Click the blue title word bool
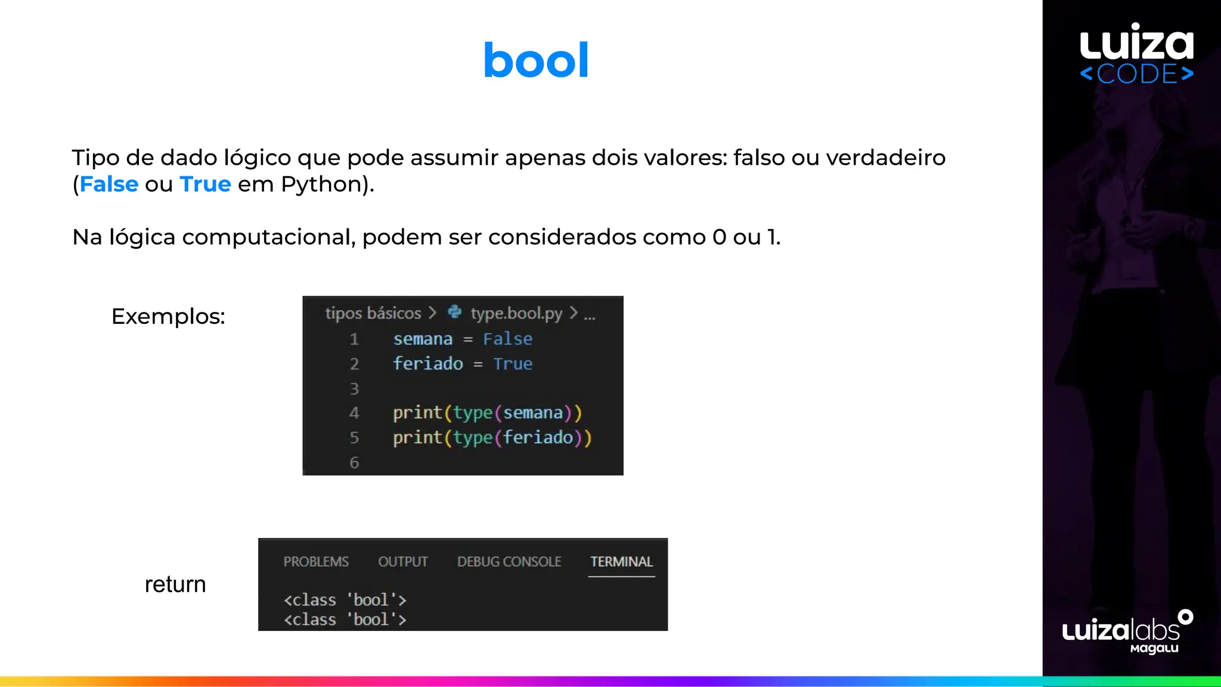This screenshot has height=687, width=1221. coord(535,61)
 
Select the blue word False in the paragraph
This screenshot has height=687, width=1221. coord(109,185)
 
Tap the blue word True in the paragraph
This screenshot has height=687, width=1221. coord(205,185)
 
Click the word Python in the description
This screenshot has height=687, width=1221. coord(321,185)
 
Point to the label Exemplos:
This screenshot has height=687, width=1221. coord(168,316)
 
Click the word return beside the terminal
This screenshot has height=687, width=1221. coord(175,584)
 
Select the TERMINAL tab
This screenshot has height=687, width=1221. coord(621,562)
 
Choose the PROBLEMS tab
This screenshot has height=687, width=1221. coord(316,562)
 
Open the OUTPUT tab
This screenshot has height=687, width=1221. coord(403,562)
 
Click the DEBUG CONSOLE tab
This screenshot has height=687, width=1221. coord(509,562)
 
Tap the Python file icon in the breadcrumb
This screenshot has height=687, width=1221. coord(455,312)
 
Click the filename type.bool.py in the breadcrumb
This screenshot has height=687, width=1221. coord(516,313)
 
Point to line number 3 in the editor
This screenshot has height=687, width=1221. coord(354,389)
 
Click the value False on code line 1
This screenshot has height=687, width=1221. coord(507,339)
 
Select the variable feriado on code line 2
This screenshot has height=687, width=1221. coord(428,364)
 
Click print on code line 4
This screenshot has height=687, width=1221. coord(417,413)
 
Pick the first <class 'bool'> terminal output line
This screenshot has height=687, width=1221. coord(345,600)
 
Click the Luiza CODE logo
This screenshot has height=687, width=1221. coord(1136,54)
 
